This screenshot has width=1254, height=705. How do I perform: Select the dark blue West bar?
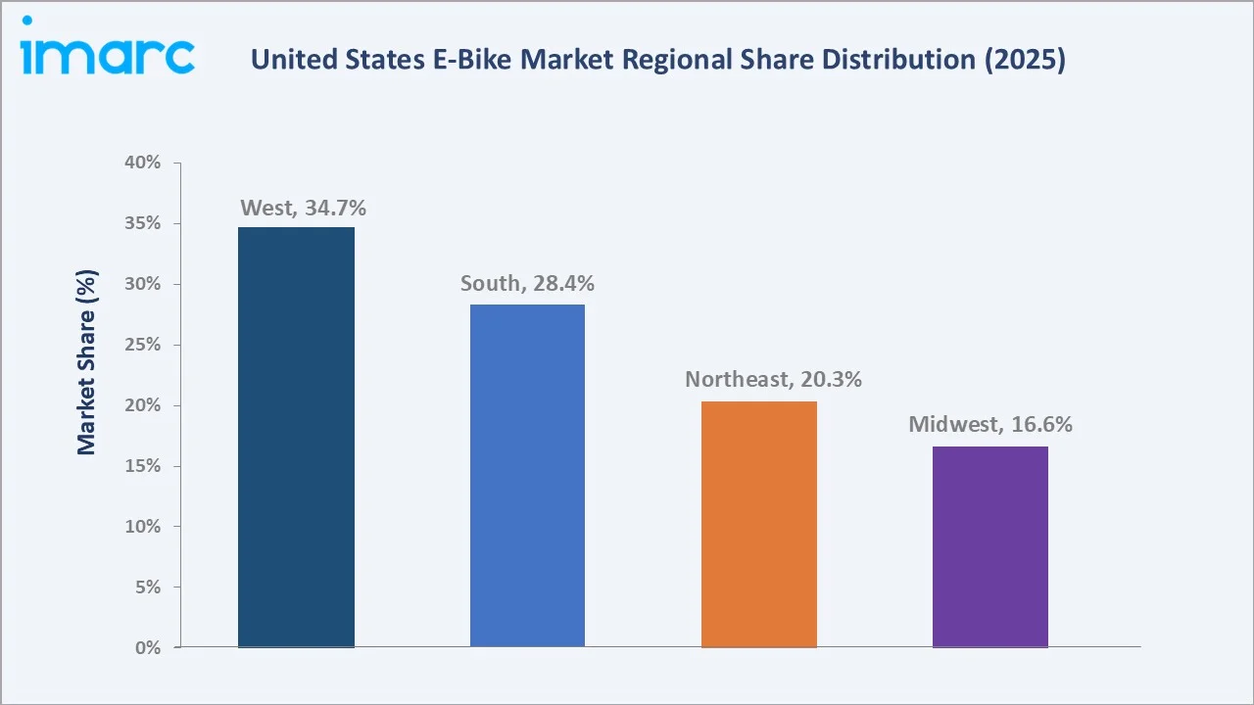point(296,437)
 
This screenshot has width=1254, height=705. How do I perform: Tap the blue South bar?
point(527,475)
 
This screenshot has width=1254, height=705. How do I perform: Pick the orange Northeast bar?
point(759,524)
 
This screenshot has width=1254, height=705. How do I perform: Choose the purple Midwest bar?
point(990,546)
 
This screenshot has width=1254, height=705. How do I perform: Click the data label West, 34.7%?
point(303,208)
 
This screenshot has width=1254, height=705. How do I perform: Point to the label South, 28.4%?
point(527,284)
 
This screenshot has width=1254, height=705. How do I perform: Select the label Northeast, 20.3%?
point(773,379)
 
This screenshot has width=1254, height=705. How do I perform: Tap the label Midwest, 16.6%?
point(990,425)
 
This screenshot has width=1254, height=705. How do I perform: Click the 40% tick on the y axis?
point(142,163)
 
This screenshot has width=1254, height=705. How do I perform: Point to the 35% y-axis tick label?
point(142,223)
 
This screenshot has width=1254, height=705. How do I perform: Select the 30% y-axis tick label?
point(142,284)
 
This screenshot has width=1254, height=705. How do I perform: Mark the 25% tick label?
point(142,345)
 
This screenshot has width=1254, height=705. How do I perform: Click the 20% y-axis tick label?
point(142,405)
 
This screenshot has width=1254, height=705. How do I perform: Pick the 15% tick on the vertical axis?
point(142,466)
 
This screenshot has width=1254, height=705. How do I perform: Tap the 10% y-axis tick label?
point(142,527)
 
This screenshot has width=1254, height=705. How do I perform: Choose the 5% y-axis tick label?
point(147,587)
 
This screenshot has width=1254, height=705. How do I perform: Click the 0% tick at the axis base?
point(147,648)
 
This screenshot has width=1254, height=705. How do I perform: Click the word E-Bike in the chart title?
point(476,60)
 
